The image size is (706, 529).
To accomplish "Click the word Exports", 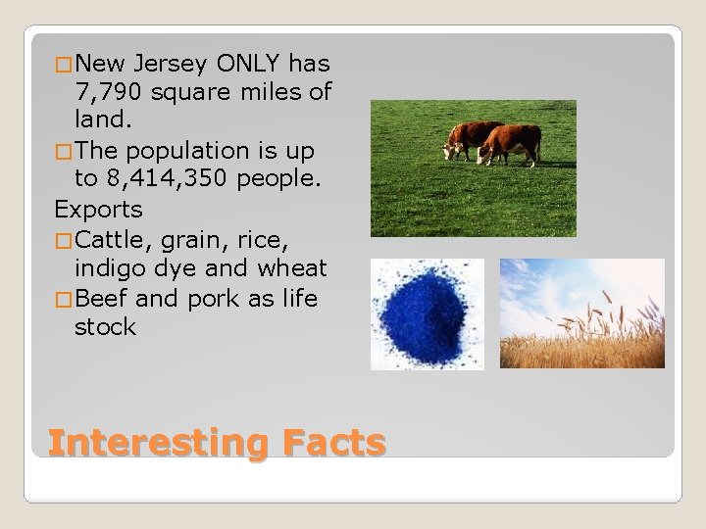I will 98,210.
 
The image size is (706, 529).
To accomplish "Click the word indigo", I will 110,268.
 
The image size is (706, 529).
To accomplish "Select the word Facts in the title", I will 331,443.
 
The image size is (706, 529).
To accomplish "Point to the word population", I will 181,151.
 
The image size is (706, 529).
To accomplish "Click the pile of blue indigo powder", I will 426,314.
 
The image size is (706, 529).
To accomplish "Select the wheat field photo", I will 581,313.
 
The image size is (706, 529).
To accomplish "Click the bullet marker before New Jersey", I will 64,65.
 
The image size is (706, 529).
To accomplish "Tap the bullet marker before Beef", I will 64,299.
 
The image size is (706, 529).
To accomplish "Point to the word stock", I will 105,327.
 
